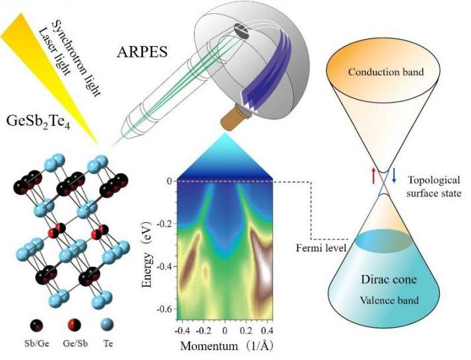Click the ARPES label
click(x=142, y=52)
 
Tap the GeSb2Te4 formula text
click(x=38, y=121)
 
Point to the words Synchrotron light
click(x=75, y=58)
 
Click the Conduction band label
click(x=386, y=72)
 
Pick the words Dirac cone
click(x=389, y=280)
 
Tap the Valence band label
click(x=389, y=300)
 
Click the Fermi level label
click(x=321, y=248)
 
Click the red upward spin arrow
click(x=373, y=175)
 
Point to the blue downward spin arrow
click(x=394, y=175)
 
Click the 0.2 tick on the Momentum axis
click(x=246, y=331)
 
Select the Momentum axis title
click(x=227, y=346)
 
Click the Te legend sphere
click(x=108, y=325)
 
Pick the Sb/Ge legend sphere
click(x=36, y=325)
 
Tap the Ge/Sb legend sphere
click(x=74, y=325)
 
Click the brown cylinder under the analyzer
click(x=232, y=118)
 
